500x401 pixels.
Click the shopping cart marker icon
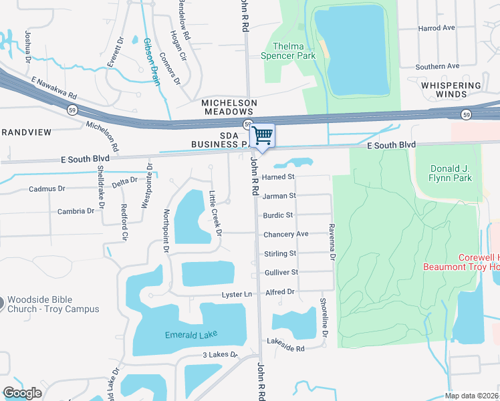[263, 136]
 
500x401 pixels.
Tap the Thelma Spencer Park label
[289, 51]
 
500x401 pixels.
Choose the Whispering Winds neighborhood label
[451, 90]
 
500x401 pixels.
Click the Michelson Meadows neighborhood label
[229, 107]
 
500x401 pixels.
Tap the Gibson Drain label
[151, 61]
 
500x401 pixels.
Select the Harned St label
[278, 177]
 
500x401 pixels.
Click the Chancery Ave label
[285, 234]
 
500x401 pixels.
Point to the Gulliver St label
[280, 272]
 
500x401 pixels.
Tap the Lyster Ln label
[237, 295]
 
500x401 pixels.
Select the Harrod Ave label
[436, 28]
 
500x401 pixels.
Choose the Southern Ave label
[437, 66]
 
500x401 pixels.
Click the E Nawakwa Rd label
[54, 88]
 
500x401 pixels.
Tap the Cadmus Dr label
[47, 189]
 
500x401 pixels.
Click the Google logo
[22, 393]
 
